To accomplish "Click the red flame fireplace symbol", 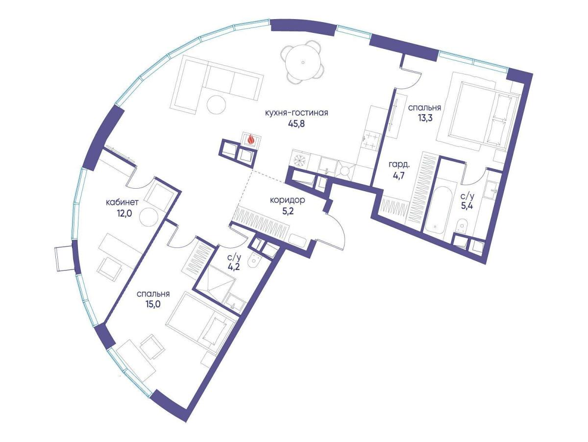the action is [x=251, y=140].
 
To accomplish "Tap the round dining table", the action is [x=303, y=62].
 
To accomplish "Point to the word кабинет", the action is [x=122, y=202].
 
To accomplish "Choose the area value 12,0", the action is [x=122, y=214].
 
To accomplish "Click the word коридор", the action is [x=288, y=200].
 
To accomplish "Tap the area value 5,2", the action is [x=288, y=212].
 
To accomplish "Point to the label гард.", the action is [x=399, y=165].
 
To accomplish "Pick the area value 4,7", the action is [x=398, y=177].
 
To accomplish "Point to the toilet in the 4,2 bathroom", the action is [x=253, y=260].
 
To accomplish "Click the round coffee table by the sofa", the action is [x=216, y=105].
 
